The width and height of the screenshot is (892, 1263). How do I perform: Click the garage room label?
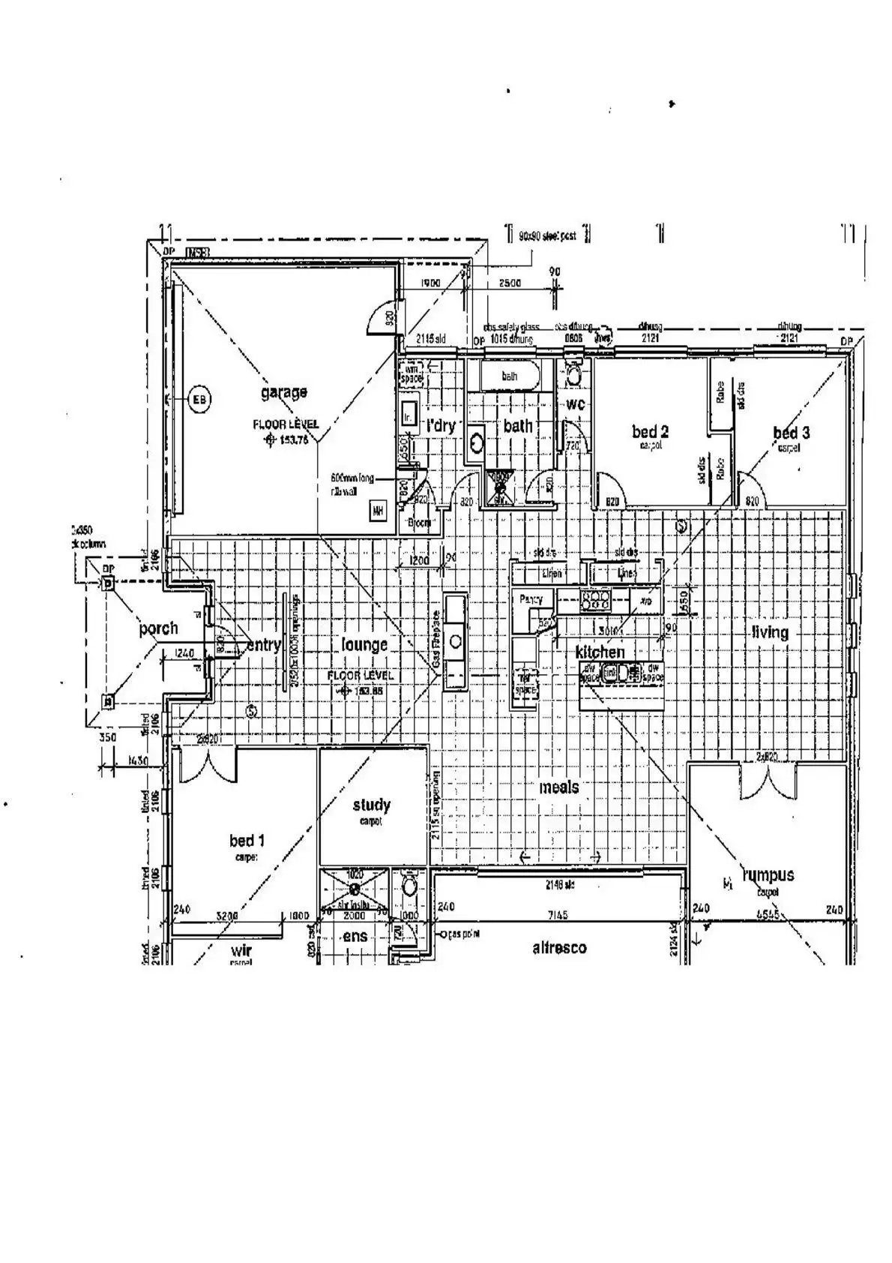pos(283,391)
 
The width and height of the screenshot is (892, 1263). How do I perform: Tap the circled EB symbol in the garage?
pos(199,400)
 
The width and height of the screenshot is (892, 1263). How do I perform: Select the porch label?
pos(158,628)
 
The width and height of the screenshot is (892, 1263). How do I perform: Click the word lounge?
pos(364,644)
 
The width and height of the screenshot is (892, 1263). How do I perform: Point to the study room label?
pos(371,805)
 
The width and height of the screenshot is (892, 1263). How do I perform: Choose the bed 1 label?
pos(247,841)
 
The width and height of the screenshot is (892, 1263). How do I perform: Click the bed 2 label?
pos(650,431)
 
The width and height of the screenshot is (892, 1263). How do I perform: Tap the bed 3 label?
pos(791,433)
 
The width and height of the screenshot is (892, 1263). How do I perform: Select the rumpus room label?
pos(768,874)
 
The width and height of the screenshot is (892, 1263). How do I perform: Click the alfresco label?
pos(559,948)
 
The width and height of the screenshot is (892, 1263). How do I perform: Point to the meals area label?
pos(559,787)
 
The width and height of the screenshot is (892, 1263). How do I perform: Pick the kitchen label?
pos(600,652)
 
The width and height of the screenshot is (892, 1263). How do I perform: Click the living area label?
pos(770,632)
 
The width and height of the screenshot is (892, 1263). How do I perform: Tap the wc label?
pos(575,405)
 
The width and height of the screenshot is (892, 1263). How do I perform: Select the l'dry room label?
pos(441,425)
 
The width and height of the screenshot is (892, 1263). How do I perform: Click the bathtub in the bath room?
pos(510,376)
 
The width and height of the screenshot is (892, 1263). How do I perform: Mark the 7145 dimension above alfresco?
pos(558,915)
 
